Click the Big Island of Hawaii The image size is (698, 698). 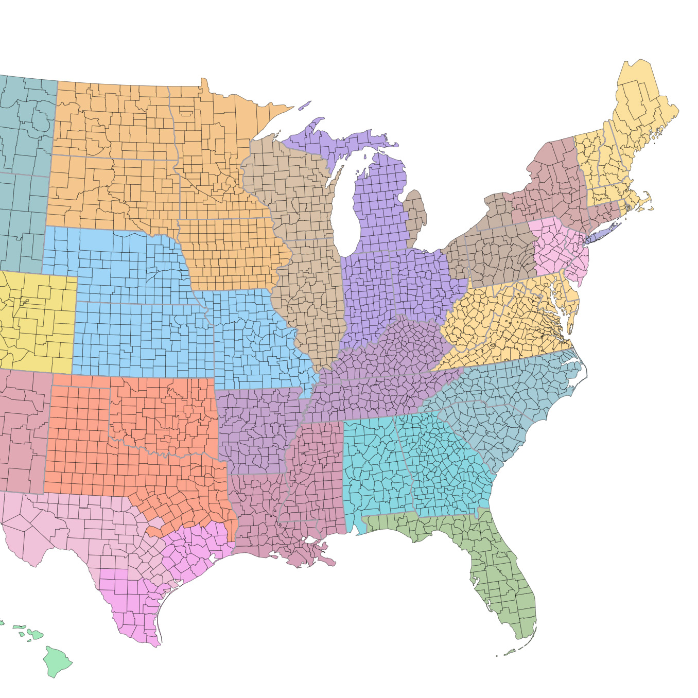[57, 662]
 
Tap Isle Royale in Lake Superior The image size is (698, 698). [305, 105]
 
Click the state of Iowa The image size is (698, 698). [232, 252]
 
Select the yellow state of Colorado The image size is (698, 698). [36, 319]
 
